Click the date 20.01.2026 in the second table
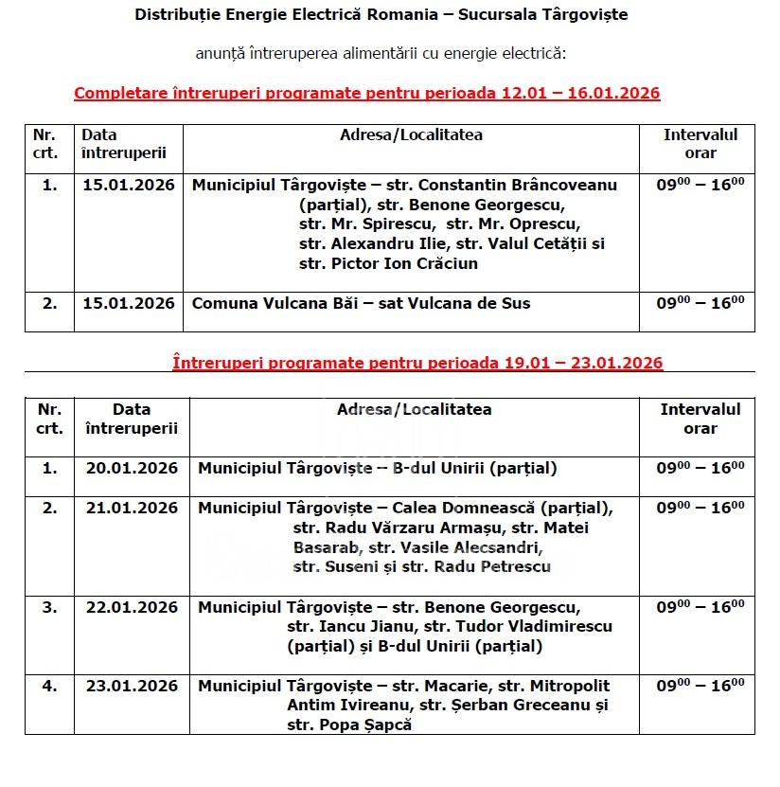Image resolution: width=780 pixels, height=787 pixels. point(132,468)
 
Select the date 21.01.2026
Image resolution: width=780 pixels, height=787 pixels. point(132,508)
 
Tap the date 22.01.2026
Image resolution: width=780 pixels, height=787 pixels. point(132,607)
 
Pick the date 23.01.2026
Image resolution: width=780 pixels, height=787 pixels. point(132,686)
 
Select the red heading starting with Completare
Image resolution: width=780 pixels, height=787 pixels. point(366,93)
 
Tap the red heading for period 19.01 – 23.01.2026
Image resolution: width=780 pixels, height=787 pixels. point(417,363)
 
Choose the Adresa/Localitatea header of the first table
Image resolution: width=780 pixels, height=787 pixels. point(411,134)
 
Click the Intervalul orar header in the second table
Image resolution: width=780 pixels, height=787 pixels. point(700,419)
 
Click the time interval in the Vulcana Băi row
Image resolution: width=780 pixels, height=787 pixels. point(700,303)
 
